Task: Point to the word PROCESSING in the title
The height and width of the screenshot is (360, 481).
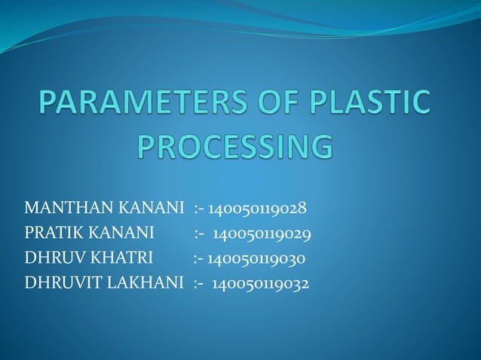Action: pyautogui.click(x=234, y=147)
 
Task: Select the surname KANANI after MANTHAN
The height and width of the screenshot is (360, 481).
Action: pyautogui.click(x=151, y=208)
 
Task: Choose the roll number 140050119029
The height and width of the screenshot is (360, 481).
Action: pyautogui.click(x=262, y=233)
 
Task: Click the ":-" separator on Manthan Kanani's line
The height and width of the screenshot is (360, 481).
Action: pyautogui.click(x=200, y=208)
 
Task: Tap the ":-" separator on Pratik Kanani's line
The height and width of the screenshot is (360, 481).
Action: pyautogui.click(x=200, y=233)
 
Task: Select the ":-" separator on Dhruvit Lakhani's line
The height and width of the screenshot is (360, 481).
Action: pyautogui.click(x=199, y=284)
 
